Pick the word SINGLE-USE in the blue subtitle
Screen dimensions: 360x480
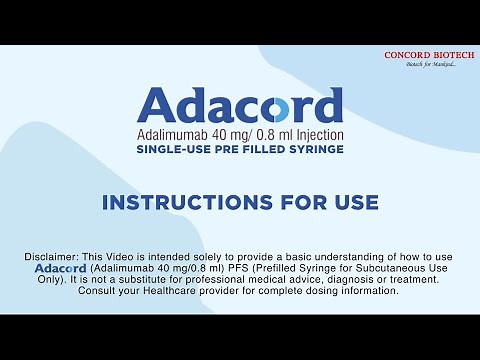click(171, 149)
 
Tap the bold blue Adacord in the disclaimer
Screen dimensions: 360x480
click(61, 269)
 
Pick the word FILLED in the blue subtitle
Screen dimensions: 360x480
click(262, 149)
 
